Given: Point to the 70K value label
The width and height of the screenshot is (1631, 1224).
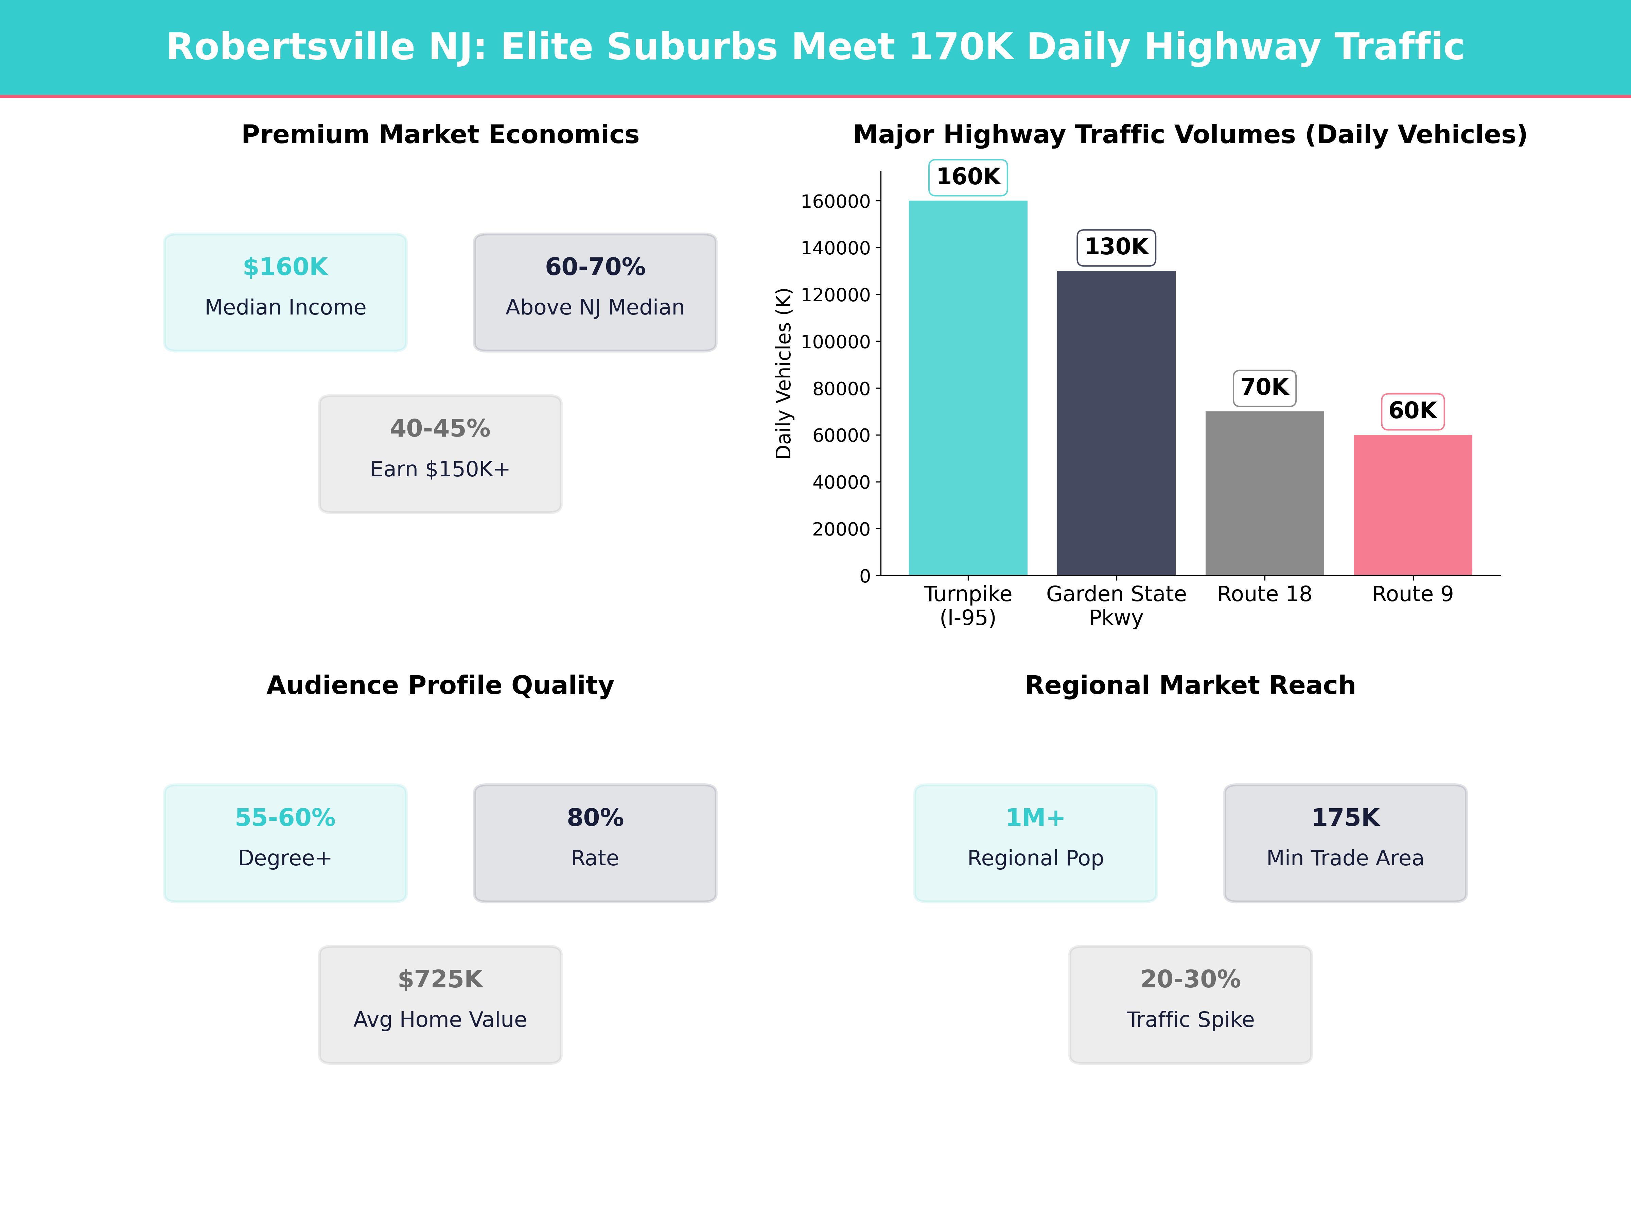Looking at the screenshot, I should (1265, 387).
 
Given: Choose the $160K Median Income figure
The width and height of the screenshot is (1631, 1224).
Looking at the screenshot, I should (285, 267).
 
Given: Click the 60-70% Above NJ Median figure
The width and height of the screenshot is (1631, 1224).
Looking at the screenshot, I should (595, 267).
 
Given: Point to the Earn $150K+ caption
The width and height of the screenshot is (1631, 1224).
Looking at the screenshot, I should (440, 469).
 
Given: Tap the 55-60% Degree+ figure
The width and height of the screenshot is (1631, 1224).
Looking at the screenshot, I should (285, 817).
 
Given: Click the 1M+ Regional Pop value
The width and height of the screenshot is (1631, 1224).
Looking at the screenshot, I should (1035, 817).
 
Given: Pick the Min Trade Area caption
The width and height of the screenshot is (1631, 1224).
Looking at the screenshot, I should (1345, 858).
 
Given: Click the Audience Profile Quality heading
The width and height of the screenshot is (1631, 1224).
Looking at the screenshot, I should (440, 685).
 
